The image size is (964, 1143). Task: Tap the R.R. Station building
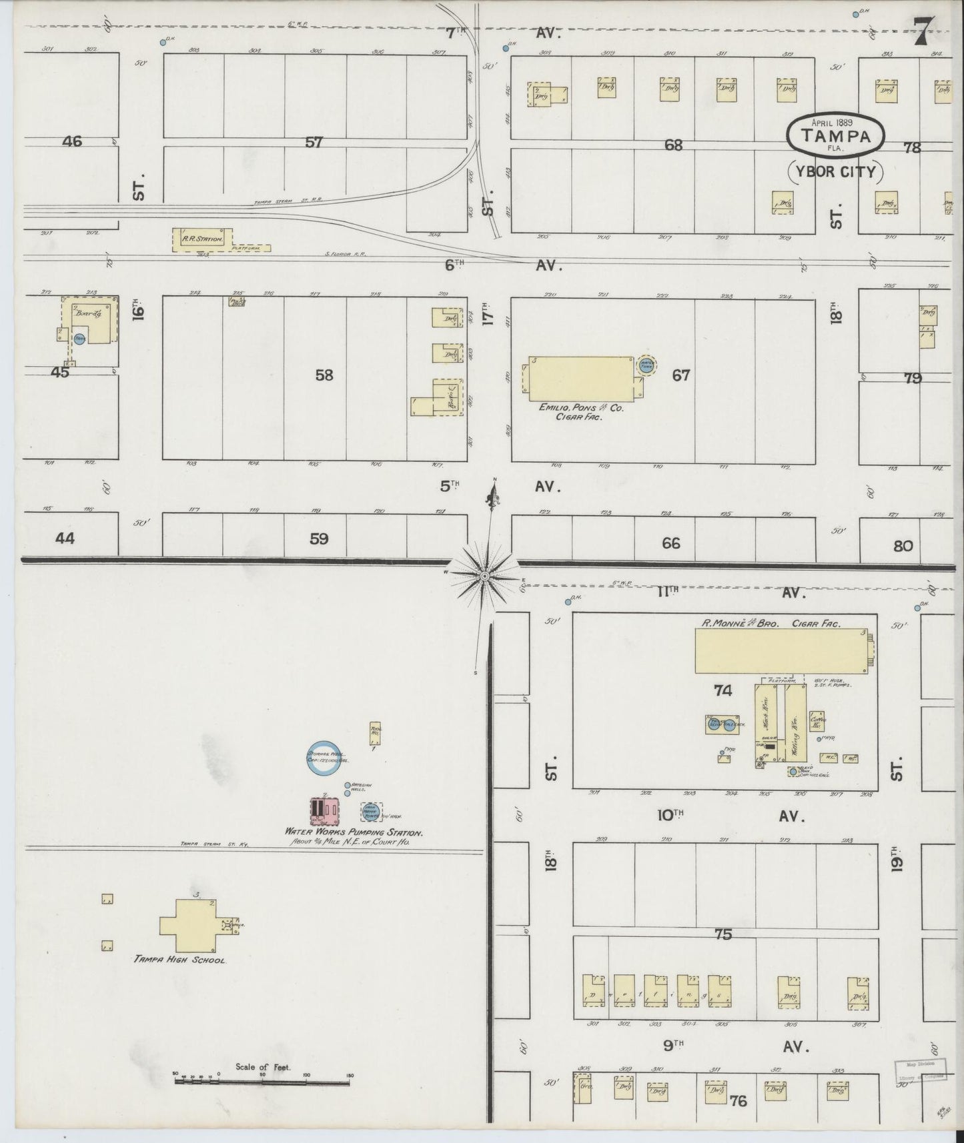[203, 239]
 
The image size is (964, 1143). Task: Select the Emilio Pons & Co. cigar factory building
[580, 377]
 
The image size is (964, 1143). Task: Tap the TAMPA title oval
[836, 135]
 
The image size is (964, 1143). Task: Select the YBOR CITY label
[836, 172]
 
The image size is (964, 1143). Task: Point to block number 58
[324, 375]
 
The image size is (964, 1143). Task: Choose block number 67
[680, 375]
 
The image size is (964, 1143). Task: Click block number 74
[722, 691]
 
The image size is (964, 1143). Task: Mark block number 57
[314, 142]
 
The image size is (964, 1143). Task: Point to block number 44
[64, 537]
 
